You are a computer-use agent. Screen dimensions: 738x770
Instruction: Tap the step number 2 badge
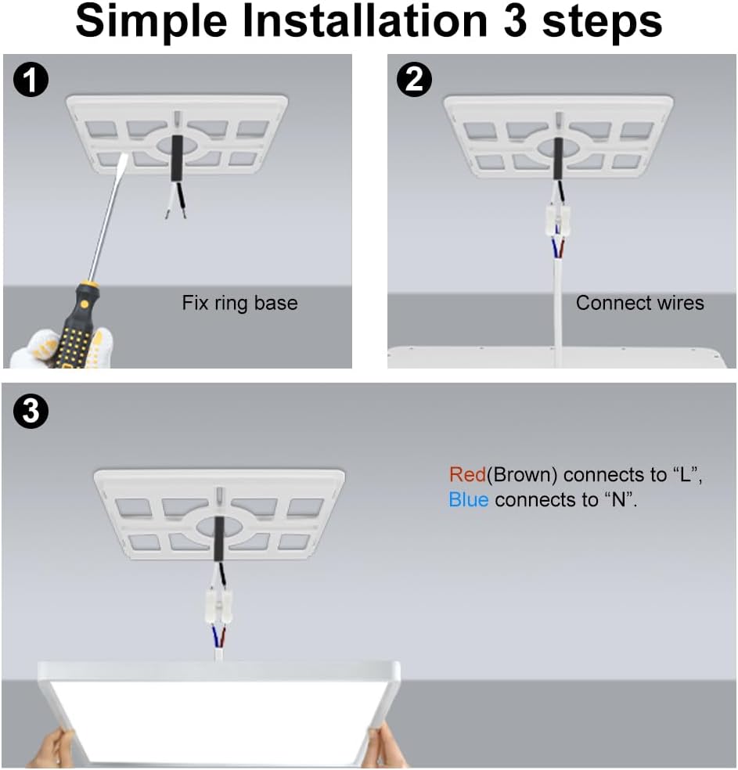coord(415,79)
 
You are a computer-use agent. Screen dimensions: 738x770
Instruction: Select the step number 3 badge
coord(31,411)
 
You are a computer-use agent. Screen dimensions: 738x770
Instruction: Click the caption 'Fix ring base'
coord(239,303)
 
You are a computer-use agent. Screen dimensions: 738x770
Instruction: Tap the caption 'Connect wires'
coord(640,303)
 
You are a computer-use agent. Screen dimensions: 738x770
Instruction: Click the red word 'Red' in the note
coord(467,474)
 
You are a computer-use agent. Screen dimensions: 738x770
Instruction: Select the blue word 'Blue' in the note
coord(469,499)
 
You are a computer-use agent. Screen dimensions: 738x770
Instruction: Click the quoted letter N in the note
coord(618,499)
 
